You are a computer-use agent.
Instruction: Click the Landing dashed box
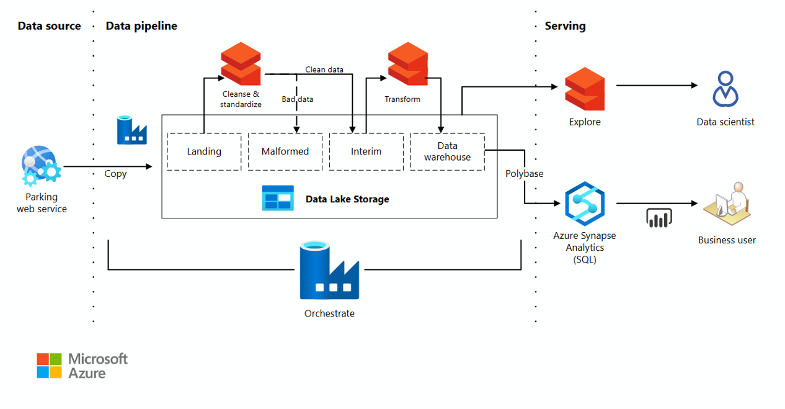[x=204, y=151]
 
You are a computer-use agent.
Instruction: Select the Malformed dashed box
[x=285, y=151]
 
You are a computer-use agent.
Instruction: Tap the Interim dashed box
[x=366, y=151]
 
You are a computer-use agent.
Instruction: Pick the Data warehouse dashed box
[x=447, y=151]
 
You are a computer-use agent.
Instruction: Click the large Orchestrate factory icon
[x=329, y=271]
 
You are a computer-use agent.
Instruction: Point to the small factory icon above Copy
[x=131, y=130]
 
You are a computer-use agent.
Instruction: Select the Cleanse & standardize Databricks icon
[x=241, y=64]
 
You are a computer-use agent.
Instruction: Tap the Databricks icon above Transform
[x=407, y=64]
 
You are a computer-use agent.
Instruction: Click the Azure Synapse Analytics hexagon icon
[x=584, y=204]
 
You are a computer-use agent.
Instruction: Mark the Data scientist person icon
[x=725, y=89]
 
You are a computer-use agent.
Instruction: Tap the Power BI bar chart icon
[x=659, y=218]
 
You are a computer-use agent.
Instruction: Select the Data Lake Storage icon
[x=277, y=199]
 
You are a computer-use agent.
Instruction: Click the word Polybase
[x=524, y=174]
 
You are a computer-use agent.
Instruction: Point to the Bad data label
[x=298, y=99]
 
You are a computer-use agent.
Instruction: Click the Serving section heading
[x=565, y=26]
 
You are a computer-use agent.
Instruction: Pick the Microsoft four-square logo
[x=49, y=366]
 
